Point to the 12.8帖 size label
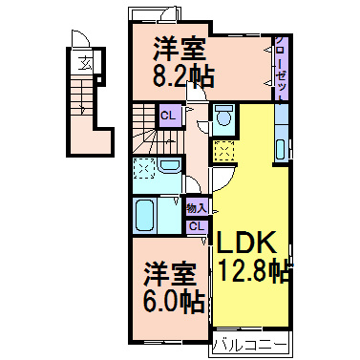tap(252, 270)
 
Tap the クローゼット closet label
tap(283, 66)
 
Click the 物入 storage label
tap(196, 207)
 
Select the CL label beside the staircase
tap(168, 116)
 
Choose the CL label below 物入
tap(196, 226)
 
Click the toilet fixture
tap(223, 117)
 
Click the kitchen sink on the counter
tap(282, 148)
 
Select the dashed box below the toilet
tap(224, 150)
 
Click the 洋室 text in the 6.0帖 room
tap(170, 274)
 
